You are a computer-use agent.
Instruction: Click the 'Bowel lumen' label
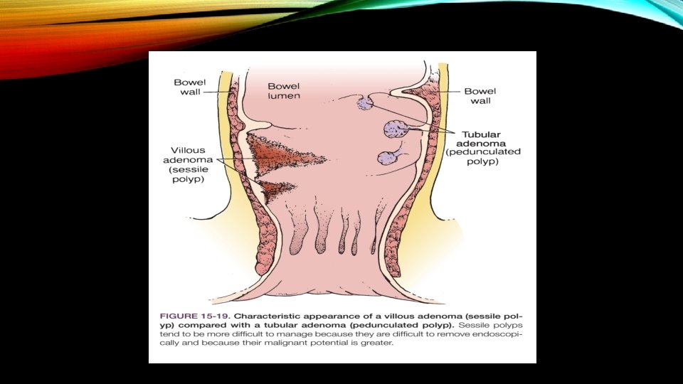(x=284, y=91)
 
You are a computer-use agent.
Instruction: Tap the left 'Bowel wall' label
(x=189, y=87)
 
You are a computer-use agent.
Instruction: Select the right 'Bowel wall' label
(x=482, y=96)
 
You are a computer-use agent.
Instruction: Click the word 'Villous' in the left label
(x=189, y=150)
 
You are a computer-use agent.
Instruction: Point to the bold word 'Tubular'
(x=482, y=134)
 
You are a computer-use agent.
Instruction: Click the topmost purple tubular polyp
(x=364, y=104)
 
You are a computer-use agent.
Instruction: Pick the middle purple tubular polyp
(x=395, y=129)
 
